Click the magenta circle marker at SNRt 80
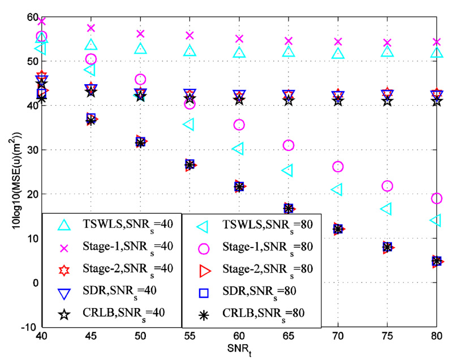(436, 198)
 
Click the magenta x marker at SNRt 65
(289, 41)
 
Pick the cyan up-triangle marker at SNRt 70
(338, 54)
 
